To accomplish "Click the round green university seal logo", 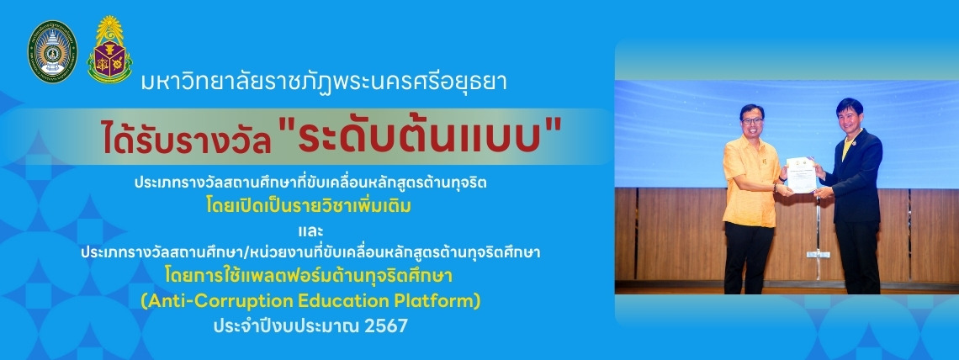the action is [x=53, y=51].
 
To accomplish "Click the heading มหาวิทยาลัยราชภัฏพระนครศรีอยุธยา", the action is [x=324, y=82].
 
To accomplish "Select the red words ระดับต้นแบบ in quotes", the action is [x=421, y=138].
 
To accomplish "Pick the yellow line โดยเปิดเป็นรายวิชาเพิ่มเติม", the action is [x=308, y=206].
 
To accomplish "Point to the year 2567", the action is [x=385, y=326].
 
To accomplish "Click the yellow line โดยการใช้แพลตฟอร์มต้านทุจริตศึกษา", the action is [x=309, y=276].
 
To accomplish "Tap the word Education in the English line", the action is [x=345, y=301].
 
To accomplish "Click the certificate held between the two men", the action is [x=801, y=175].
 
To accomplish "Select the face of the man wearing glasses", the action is [x=752, y=121].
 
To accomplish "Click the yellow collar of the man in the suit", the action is [x=847, y=144].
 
